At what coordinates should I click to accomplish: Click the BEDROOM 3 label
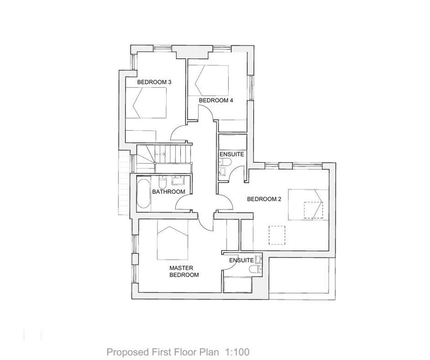pyautogui.click(x=154, y=82)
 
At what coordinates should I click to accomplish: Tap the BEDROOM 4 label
pyautogui.click(x=216, y=100)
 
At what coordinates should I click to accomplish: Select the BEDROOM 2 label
pyautogui.click(x=264, y=199)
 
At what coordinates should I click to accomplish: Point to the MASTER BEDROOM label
pyautogui.click(x=184, y=271)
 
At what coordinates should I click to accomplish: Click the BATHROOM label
pyautogui.click(x=169, y=192)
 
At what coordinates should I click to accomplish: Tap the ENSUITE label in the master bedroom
pyautogui.click(x=241, y=260)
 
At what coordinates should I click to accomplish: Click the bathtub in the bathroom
pyautogui.click(x=143, y=193)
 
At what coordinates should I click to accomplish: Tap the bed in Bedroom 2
pyautogui.click(x=306, y=204)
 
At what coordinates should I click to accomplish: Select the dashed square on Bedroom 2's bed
pyautogui.click(x=313, y=210)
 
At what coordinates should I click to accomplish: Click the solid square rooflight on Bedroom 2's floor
pyautogui.click(x=277, y=235)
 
